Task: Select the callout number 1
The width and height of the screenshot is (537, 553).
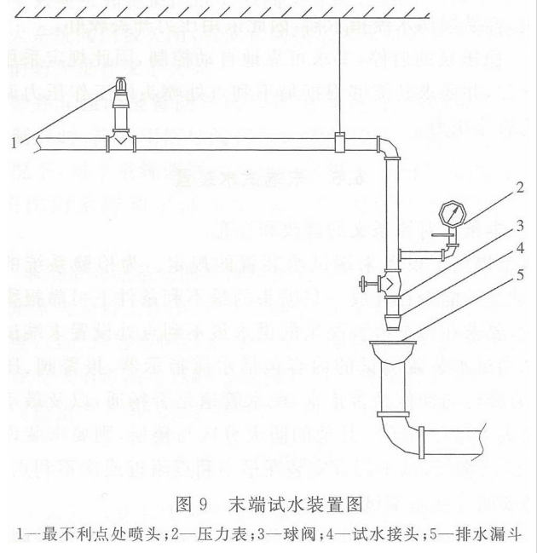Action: click(x=14, y=144)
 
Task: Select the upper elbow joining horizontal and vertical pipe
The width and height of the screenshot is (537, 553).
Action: click(x=390, y=147)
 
